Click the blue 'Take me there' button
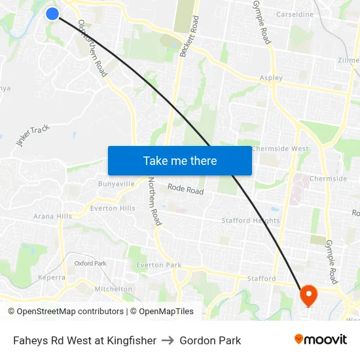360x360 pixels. [180, 160]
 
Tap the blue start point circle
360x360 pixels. [52, 13]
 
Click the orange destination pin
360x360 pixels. [308, 296]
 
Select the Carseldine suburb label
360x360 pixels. [295, 14]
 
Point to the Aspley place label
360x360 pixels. [271, 78]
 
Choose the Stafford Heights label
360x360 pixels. [250, 221]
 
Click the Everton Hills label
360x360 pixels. [113, 208]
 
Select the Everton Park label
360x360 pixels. [158, 265]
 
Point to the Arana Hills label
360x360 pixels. [52, 216]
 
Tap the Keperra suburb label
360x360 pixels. [52, 278]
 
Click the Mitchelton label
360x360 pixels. [113, 289]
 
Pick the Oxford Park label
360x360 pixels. [90, 263]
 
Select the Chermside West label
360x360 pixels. [279, 149]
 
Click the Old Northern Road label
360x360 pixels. [92, 48]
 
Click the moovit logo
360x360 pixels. [320, 339]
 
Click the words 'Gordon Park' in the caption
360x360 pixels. [210, 340]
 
